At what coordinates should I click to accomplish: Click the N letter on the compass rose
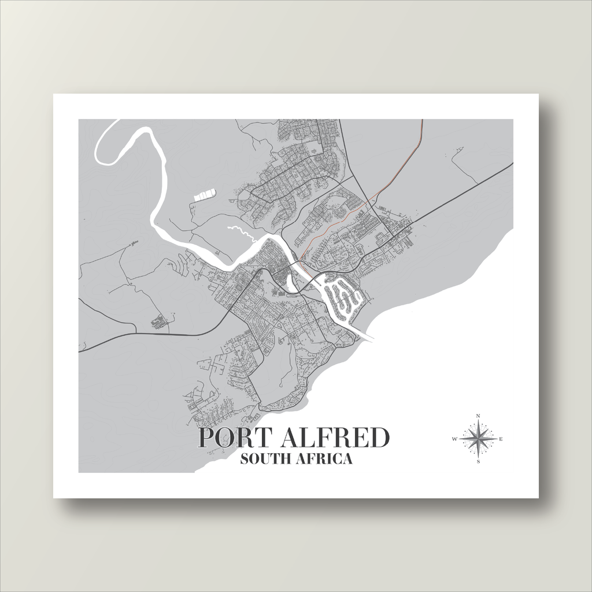tap(478, 416)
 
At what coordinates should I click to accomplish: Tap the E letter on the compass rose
tap(501, 439)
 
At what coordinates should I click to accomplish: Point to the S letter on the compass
tap(478, 462)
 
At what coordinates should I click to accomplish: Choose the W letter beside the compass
tap(455, 439)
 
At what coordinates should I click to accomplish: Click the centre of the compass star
tap(478, 439)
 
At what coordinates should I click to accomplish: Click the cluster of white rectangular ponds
tap(204, 195)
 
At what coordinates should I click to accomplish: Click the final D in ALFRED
tap(379, 438)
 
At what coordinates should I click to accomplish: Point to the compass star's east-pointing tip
tap(495, 439)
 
